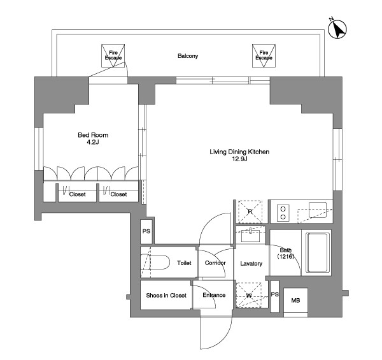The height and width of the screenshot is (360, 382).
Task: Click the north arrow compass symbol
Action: [337, 29]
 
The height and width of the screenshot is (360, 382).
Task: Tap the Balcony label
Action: [188, 56]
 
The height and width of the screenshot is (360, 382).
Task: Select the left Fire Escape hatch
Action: [113, 55]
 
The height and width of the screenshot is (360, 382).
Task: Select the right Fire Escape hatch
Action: [264, 55]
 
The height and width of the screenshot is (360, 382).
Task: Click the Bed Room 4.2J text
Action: [93, 138]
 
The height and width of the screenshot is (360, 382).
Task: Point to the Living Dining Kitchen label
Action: [239, 152]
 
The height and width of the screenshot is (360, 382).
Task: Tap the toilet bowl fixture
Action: [155, 262]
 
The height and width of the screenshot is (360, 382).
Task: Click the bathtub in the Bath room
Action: [317, 252]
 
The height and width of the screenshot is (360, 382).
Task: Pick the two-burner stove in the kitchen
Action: [283, 213]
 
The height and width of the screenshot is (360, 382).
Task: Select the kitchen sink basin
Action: [318, 210]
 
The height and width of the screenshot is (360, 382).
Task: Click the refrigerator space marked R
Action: [250, 212]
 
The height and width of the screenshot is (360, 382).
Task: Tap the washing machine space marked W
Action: [249, 295]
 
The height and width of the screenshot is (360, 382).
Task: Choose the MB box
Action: [296, 301]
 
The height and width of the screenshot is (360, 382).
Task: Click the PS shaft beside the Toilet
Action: [146, 231]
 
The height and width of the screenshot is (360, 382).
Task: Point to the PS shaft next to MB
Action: [275, 296]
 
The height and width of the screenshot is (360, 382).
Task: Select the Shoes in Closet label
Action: [166, 296]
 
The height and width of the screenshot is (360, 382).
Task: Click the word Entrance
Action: [214, 295]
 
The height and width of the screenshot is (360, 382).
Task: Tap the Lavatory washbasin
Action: [251, 236]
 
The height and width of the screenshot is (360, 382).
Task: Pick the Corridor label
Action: [215, 263]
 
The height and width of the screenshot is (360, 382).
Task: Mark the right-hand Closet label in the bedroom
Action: [118, 194]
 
